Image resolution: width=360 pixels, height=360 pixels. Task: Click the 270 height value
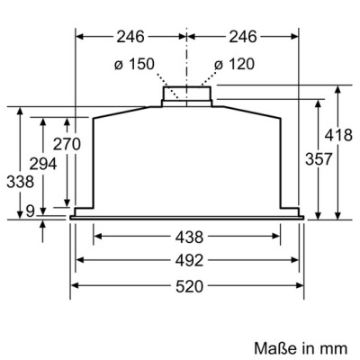[x=67, y=144]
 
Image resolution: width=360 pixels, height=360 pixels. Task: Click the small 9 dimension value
[x=29, y=211]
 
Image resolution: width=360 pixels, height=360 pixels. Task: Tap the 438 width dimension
[x=189, y=237]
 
